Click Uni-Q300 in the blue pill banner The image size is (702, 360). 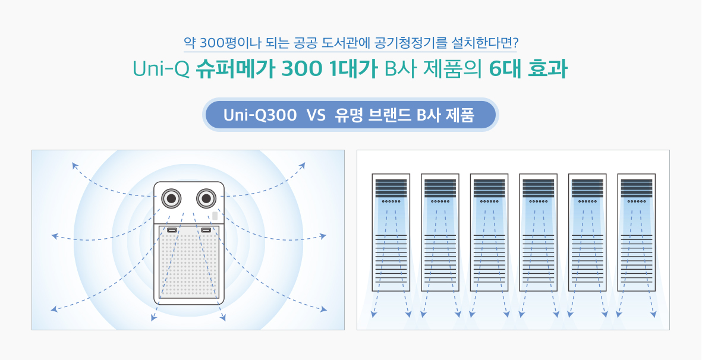[260, 115]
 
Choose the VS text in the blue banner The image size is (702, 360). [316, 115]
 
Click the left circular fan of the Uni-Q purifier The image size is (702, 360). [171, 198]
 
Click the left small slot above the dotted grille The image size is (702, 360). [172, 230]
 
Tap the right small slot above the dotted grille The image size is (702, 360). [206, 230]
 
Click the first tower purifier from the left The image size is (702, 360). [391, 232]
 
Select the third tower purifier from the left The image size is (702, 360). [489, 232]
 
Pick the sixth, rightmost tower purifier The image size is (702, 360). [636, 232]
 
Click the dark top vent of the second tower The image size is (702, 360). [440, 188]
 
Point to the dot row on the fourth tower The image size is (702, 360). [538, 201]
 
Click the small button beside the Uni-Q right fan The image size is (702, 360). [215, 216]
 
